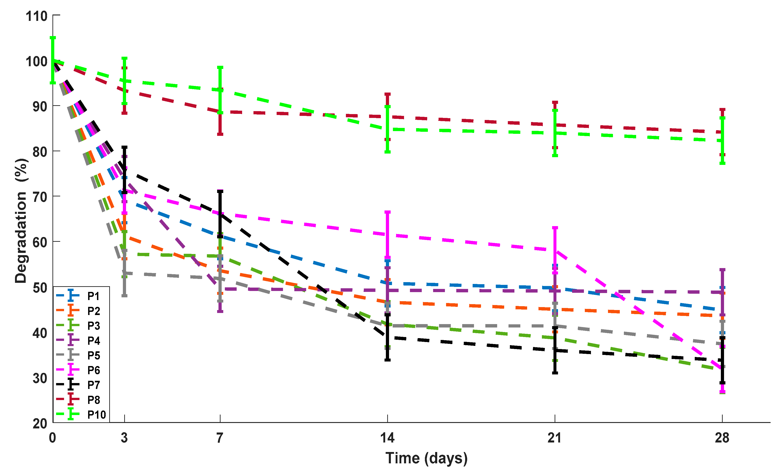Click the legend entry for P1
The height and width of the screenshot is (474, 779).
click(94, 296)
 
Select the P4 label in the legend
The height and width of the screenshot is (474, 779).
click(94, 341)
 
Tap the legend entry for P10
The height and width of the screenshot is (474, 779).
click(97, 415)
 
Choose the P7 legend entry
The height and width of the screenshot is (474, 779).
click(94, 385)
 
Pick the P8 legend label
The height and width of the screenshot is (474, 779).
click(94, 400)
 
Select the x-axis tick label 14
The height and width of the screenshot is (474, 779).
click(387, 438)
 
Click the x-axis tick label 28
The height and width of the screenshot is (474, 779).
click(722, 438)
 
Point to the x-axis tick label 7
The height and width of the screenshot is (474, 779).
click(220, 438)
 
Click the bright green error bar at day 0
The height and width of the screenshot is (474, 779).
click(53, 60)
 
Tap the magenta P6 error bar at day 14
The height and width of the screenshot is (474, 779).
click(387, 235)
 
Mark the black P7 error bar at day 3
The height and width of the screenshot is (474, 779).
click(124, 170)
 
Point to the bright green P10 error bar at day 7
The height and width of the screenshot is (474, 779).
click(220, 90)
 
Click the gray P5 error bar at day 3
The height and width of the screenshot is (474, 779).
click(124, 273)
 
